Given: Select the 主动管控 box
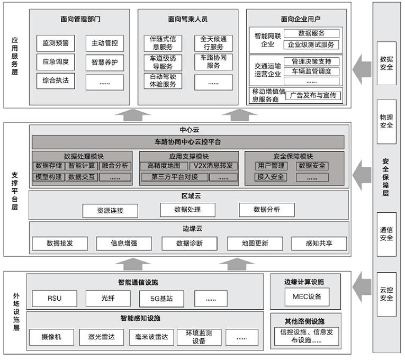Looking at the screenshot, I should tap(104, 42).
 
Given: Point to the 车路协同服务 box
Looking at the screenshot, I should tap(213, 61).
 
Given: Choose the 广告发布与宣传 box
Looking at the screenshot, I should tap(313, 96).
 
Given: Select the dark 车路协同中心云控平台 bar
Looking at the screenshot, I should tap(188, 142).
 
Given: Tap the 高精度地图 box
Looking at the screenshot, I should tap(164, 166).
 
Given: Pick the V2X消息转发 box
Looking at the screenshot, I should tap(212, 166).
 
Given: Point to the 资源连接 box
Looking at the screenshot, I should tap(110, 210).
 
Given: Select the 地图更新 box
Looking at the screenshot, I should tap(255, 244).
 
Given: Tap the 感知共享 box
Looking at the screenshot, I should tap(319, 244).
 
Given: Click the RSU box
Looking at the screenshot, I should tap(55, 299).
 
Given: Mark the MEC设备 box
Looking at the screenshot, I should tap(307, 296).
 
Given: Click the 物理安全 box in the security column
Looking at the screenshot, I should tap(386, 121).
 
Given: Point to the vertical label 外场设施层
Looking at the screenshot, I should tap(16, 312).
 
